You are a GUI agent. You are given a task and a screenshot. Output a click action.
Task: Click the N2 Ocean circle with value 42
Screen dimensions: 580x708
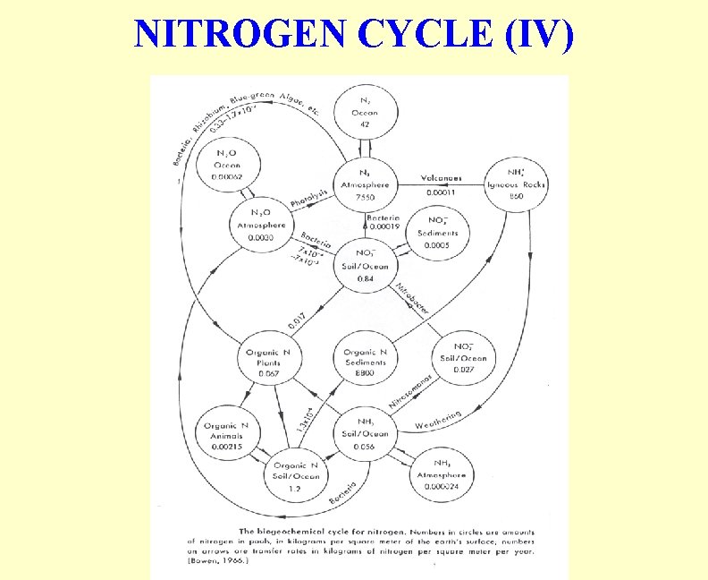pos(366,113)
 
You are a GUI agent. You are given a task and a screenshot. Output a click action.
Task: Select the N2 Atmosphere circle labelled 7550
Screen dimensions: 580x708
pos(366,185)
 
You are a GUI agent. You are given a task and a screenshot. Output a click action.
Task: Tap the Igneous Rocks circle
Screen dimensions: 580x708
pos(515,185)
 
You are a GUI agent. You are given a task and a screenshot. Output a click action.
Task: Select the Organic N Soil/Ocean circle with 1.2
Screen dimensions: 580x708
pos(296,475)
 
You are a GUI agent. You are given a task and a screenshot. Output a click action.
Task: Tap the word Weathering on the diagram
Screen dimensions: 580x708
pos(438,420)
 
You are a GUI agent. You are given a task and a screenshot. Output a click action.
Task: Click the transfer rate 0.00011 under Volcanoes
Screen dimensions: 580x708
pos(440,192)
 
